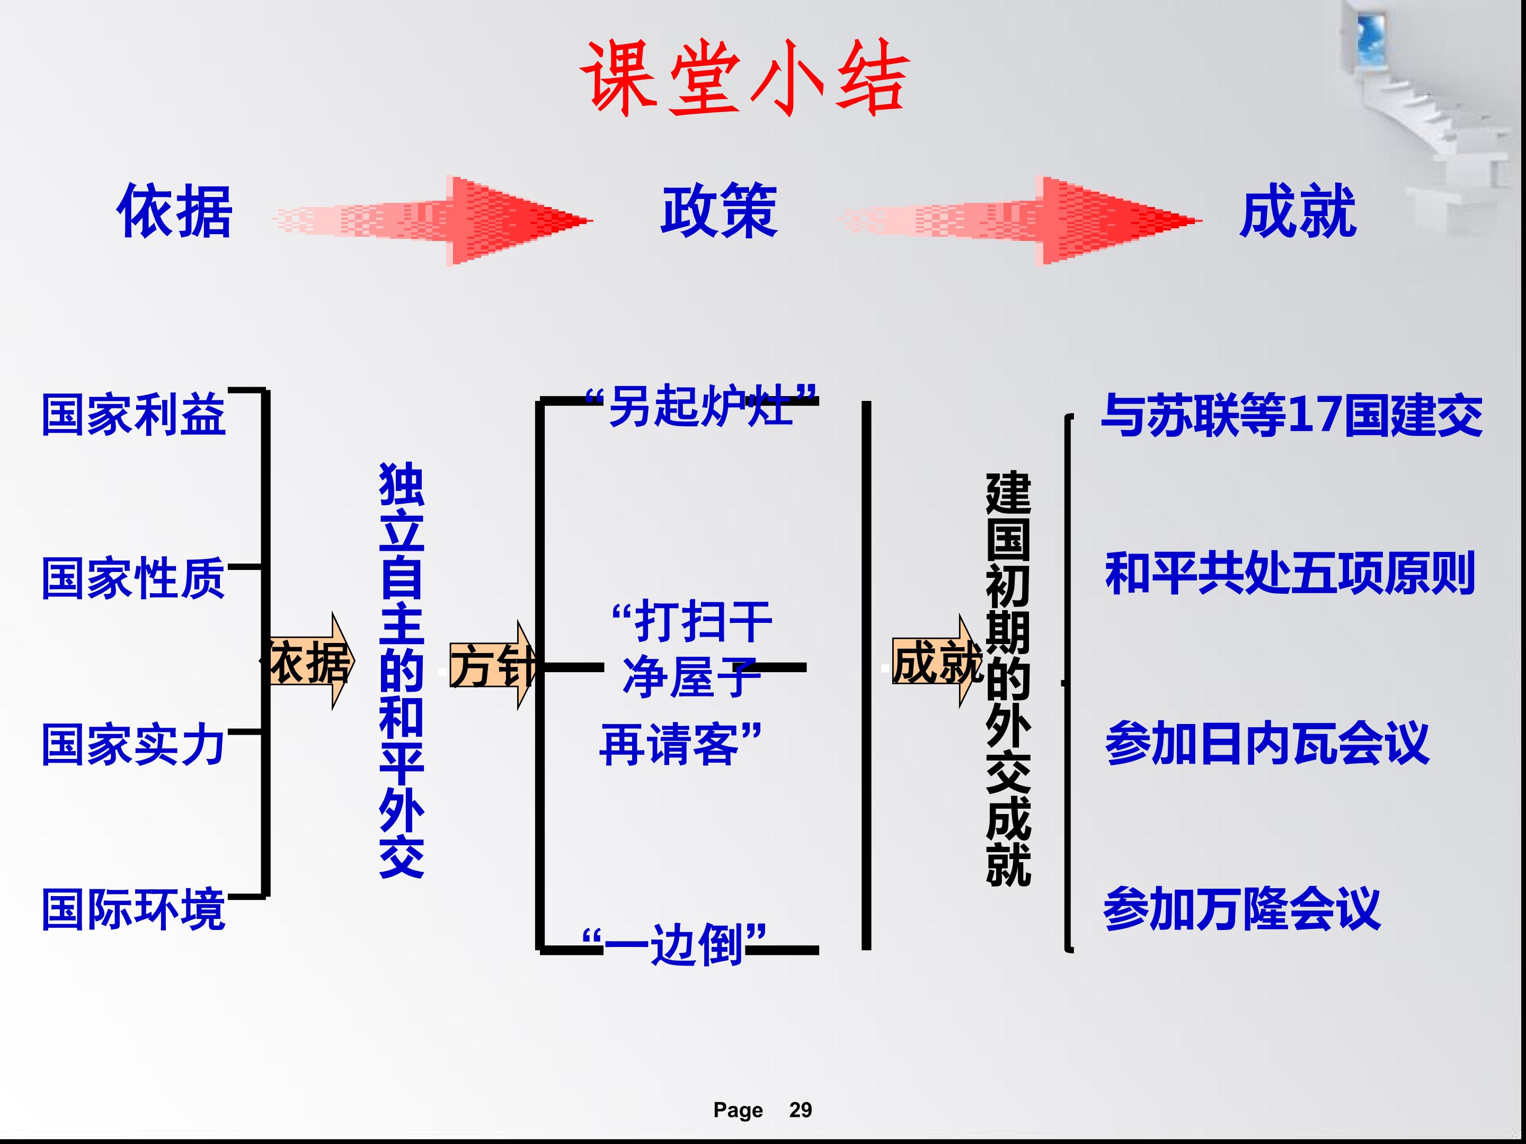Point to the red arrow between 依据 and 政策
point(432,221)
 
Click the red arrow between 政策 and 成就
point(1019,221)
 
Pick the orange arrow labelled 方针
point(492,665)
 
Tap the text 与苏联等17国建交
point(1291,416)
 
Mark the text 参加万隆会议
point(1243,909)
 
